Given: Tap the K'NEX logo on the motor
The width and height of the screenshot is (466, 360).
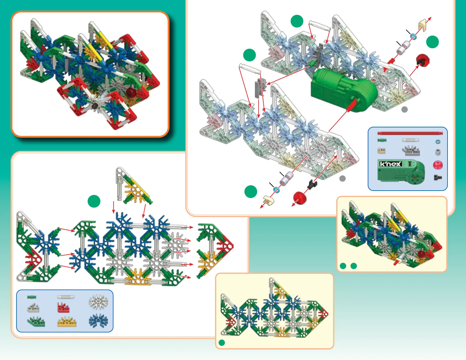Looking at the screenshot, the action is click(390, 164).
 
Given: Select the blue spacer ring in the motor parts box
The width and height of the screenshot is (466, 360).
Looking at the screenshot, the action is click(438, 142).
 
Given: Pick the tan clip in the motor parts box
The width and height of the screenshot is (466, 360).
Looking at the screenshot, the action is click(381, 151).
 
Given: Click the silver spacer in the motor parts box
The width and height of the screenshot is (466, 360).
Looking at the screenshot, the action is click(438, 152).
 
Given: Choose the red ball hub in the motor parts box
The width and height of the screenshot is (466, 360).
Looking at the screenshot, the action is click(437, 165).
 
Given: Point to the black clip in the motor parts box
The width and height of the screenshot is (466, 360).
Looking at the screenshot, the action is click(437, 177).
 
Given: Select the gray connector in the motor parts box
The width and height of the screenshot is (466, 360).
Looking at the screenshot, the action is click(411, 151).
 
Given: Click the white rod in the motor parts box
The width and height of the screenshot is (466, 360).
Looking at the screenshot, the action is click(410, 140).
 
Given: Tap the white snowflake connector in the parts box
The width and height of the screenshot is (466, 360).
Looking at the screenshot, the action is click(98, 302).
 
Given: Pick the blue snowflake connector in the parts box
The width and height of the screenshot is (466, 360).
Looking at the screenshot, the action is click(98, 321).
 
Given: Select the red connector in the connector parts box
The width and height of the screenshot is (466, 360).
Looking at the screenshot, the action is click(63, 308).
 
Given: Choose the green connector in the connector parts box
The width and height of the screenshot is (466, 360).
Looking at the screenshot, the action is click(36, 321).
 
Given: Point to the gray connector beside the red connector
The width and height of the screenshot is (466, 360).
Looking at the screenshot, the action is click(33, 308).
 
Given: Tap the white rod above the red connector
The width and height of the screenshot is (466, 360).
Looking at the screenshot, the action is click(66, 297).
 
